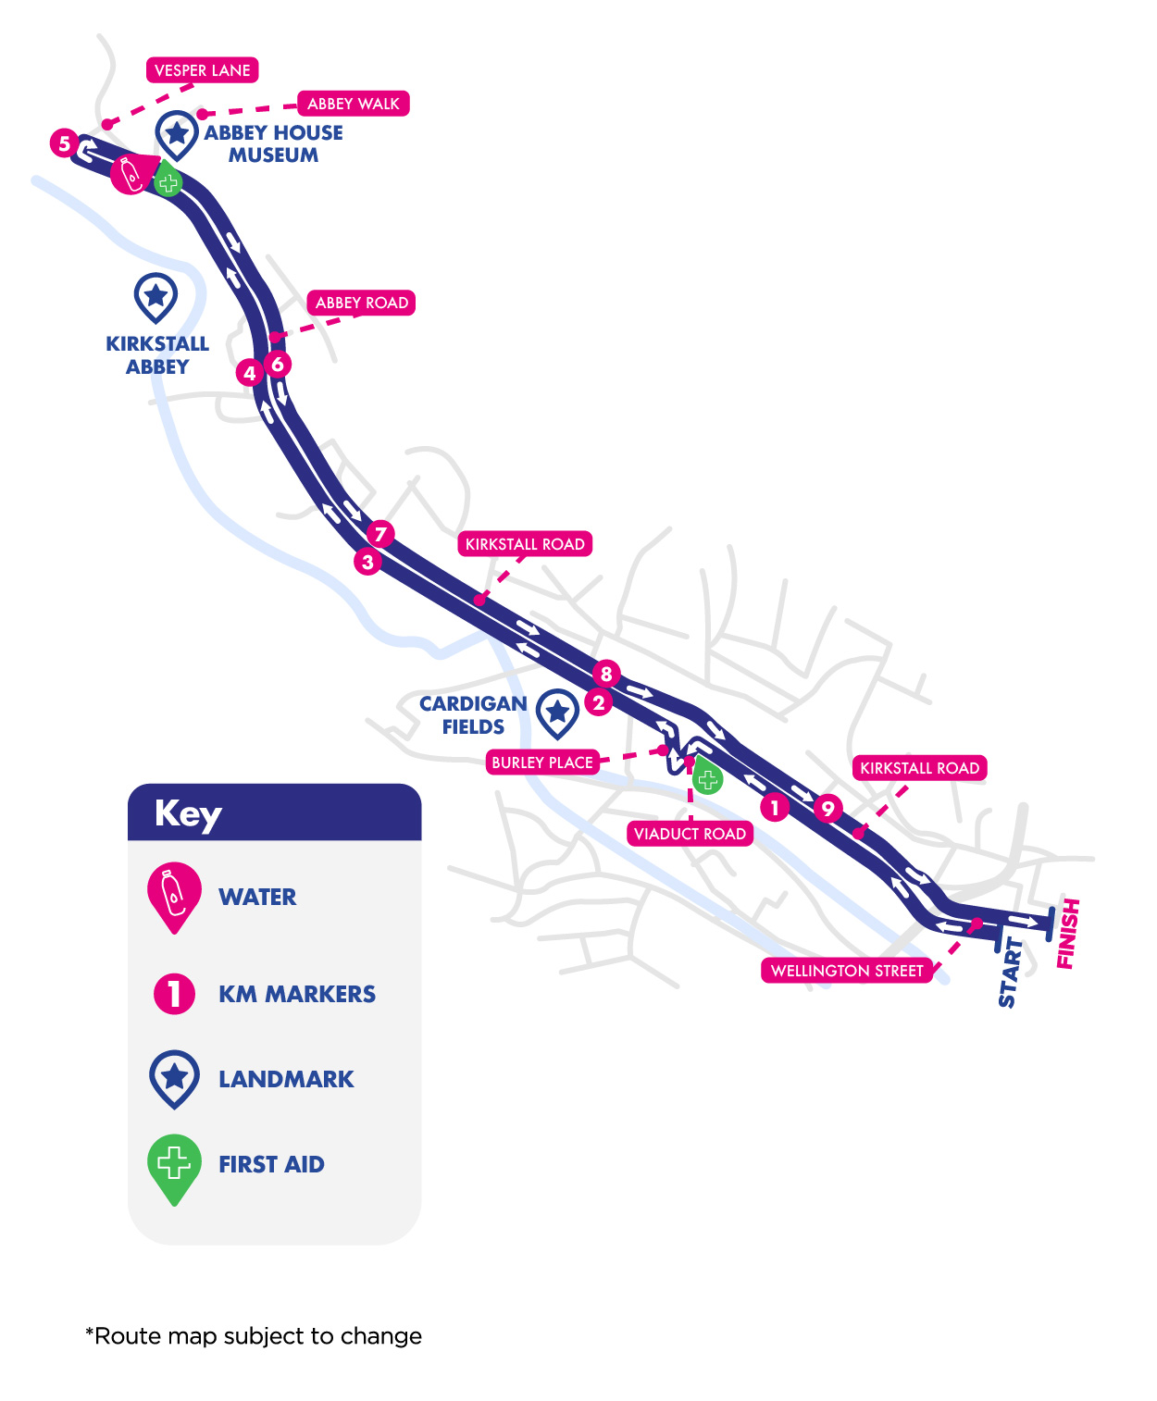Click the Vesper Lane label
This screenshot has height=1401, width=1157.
(x=202, y=70)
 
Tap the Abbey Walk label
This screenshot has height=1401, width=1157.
(x=353, y=104)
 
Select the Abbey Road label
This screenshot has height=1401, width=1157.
(x=361, y=303)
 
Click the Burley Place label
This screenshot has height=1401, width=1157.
(x=541, y=762)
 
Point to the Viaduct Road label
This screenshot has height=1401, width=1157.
(x=690, y=834)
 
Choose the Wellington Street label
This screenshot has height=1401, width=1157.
(x=847, y=971)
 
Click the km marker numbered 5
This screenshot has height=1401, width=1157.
(x=64, y=143)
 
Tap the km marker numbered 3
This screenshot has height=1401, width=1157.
(x=367, y=562)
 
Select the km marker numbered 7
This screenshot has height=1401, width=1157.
(x=380, y=534)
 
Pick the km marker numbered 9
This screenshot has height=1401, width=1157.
(x=827, y=809)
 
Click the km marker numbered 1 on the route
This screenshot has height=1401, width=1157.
(x=775, y=808)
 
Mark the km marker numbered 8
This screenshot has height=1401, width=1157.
(x=606, y=674)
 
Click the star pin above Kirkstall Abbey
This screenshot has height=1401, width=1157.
(x=156, y=296)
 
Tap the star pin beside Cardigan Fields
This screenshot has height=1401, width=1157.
(x=557, y=712)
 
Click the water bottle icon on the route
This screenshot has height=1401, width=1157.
(x=131, y=174)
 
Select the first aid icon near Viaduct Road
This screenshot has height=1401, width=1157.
(x=708, y=778)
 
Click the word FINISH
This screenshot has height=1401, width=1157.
(x=1068, y=934)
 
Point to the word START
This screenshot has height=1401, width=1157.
(x=1010, y=973)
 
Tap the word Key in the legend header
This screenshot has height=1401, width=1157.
(x=188, y=814)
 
